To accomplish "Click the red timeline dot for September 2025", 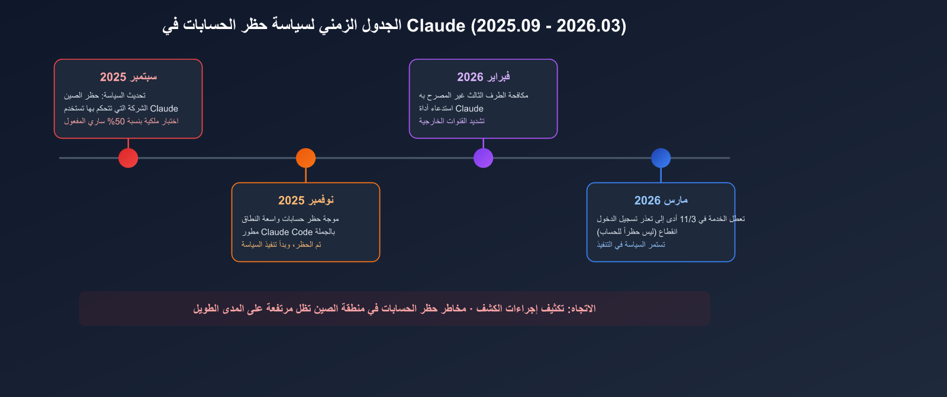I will pyautogui.click(x=128, y=158).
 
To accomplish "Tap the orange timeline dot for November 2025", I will pyautogui.click(x=305, y=158).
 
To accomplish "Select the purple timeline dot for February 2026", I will pyautogui.click(x=483, y=158).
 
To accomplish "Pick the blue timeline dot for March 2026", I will pyautogui.click(x=661, y=158).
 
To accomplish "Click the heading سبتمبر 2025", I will pyautogui.click(x=128, y=77).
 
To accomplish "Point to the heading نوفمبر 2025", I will pyautogui.click(x=305, y=201).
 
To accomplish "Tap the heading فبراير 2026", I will pyautogui.click(x=483, y=77).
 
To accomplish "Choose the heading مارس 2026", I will pyautogui.click(x=661, y=201).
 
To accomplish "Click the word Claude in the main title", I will pyautogui.click(x=436, y=26).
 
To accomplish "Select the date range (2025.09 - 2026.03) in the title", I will pyautogui.click(x=548, y=26).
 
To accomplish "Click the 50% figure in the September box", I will pyautogui.click(x=116, y=121).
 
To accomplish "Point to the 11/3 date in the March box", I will pyautogui.click(x=688, y=219).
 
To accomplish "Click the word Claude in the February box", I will pyautogui.click(x=469, y=108).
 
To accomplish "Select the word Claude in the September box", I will pyautogui.click(x=164, y=108).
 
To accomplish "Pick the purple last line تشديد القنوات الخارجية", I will pyautogui.click(x=452, y=121).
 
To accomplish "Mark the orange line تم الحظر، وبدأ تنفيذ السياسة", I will pyautogui.click(x=281, y=245).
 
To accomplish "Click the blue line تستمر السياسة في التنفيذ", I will pyautogui.click(x=631, y=245).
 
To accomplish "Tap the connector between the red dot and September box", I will pyautogui.click(x=128, y=143).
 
